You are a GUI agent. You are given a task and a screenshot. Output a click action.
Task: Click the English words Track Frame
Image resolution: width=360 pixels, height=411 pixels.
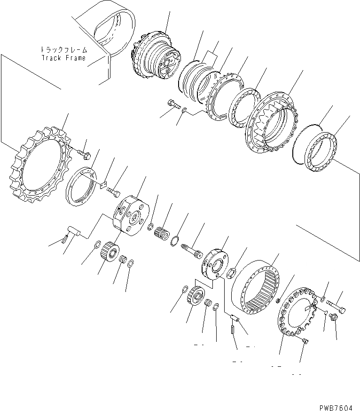point(63,58)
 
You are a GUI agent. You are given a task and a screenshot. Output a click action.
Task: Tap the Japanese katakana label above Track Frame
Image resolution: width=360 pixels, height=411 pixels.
point(63,50)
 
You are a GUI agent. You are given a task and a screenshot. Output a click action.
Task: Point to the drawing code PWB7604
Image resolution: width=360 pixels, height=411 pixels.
point(336,408)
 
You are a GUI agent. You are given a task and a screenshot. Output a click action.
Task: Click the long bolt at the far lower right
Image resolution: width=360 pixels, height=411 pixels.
point(336,307)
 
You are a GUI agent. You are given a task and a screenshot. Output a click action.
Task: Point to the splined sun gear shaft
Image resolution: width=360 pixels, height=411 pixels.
point(192,250)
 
